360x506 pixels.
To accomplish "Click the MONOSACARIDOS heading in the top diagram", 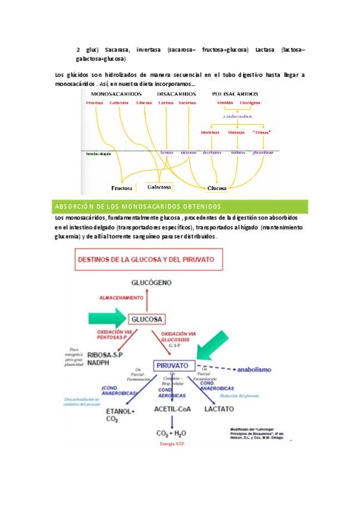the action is click(116, 94).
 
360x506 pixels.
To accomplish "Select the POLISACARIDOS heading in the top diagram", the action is click(235, 94).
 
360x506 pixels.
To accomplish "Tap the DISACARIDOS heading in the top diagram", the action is click(177, 94).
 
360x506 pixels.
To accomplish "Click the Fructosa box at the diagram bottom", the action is click(121, 187).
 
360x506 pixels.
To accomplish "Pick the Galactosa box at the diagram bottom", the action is click(159, 187).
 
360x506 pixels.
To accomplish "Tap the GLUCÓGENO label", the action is click(144, 282).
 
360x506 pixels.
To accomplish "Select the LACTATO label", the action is click(219, 410).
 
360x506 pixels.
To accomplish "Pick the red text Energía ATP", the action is click(171, 445).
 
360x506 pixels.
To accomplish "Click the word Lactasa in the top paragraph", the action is click(264, 50).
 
